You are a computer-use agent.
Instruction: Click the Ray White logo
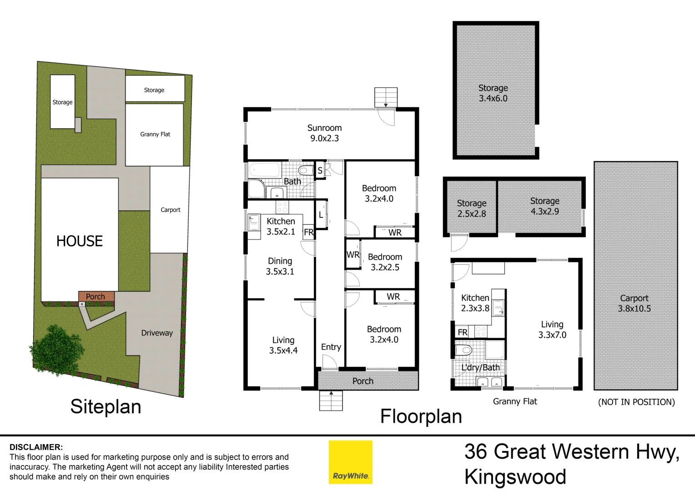[350, 462]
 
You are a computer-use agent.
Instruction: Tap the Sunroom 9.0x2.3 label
[324, 133]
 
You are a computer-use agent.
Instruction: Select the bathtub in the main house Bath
[264, 170]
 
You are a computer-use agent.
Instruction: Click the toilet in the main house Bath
[307, 170]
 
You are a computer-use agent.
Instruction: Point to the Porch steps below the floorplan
[331, 401]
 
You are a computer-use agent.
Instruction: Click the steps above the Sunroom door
[386, 97]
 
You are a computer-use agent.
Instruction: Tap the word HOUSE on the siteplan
[80, 241]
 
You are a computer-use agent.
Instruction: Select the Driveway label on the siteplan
[157, 333]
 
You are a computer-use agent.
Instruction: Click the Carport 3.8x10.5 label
[634, 303]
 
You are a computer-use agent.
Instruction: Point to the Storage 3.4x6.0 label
[493, 93]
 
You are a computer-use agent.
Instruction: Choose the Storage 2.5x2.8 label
[472, 208]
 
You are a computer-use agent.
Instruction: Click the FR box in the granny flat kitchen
[463, 332]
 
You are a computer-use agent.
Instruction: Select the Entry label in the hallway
[331, 347]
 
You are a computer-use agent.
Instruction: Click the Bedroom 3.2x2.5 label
[385, 262]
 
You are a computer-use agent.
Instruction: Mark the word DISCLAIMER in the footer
[36, 447]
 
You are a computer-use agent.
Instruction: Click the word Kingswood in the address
[515, 477]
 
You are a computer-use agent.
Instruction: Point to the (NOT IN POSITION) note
[636, 402]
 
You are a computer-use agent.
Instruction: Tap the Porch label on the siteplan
[96, 296]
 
